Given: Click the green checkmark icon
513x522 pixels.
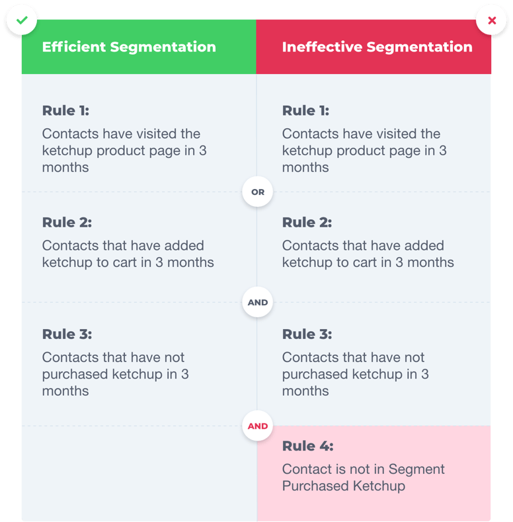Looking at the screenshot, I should [22, 20].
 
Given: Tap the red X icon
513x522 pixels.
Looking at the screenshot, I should [491, 20].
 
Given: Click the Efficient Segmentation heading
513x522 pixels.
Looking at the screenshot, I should [129, 47].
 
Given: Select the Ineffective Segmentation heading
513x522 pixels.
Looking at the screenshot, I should [377, 47].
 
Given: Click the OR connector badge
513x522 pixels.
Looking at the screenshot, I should [257, 192].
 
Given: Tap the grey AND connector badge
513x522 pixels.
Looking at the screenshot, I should [257, 303].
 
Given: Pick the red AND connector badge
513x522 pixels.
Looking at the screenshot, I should [257, 426].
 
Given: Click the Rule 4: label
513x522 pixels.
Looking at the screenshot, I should [307, 446].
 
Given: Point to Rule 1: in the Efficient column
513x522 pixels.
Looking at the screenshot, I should [65, 110].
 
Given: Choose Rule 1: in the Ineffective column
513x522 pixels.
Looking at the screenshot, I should [305, 110].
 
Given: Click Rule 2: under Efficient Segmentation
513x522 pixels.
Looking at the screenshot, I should [67, 222].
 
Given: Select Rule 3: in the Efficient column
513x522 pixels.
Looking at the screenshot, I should [67, 334].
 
